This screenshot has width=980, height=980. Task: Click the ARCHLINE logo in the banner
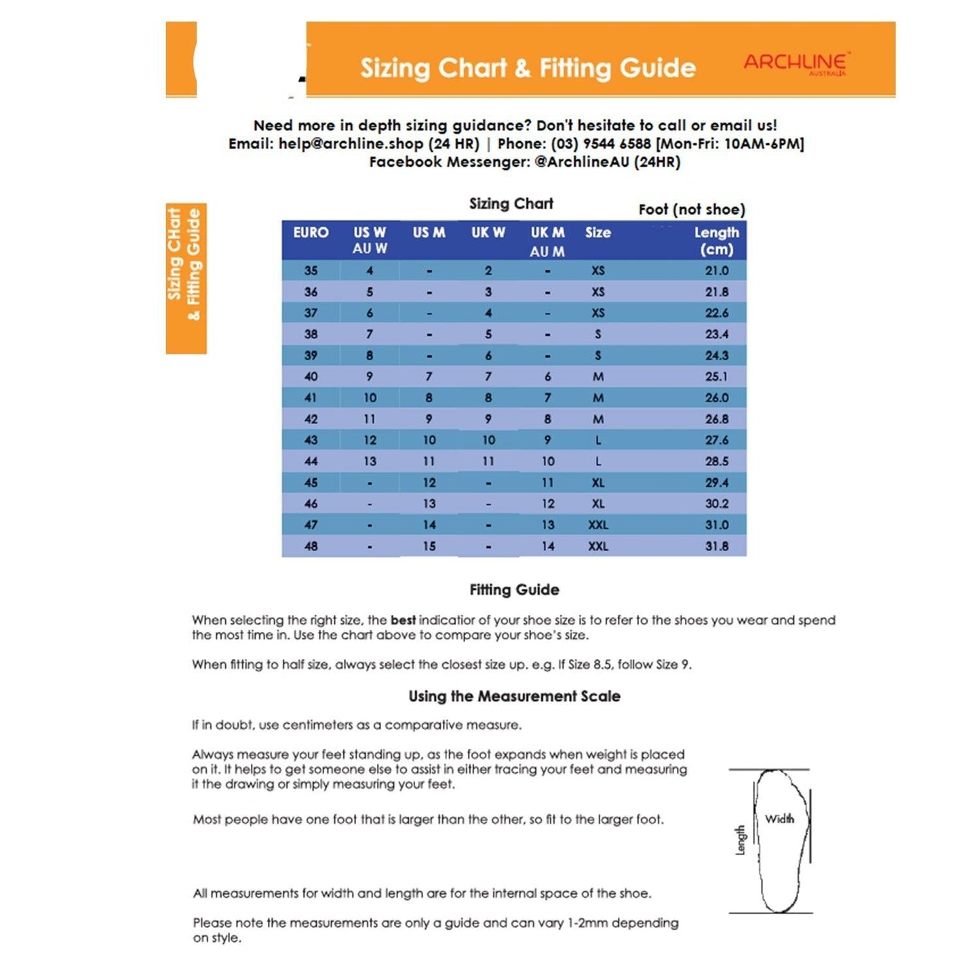tap(795, 64)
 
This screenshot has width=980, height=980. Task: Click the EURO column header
tap(311, 233)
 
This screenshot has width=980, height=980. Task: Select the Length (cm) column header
tap(716, 241)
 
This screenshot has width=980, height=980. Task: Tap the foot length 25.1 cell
tap(716, 376)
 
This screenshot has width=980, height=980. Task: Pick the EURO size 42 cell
tap(311, 419)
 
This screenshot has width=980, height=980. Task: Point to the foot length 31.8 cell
tap(716, 546)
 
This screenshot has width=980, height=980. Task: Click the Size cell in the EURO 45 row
tap(597, 483)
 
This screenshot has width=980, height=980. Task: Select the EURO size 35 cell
tap(311, 271)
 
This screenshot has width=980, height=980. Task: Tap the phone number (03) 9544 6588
tap(600, 144)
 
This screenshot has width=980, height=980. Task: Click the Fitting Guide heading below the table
tap(514, 590)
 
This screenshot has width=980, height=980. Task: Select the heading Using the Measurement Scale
tap(514, 697)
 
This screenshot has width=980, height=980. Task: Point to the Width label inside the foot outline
tap(779, 819)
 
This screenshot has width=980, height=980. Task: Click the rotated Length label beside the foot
tap(740, 840)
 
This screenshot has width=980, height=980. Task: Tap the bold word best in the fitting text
tap(403, 620)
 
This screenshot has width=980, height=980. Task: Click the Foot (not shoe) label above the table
tap(691, 210)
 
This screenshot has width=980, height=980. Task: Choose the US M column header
tap(429, 233)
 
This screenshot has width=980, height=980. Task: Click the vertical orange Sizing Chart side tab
tap(186, 278)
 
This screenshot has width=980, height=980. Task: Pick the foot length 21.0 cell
tap(716, 271)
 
